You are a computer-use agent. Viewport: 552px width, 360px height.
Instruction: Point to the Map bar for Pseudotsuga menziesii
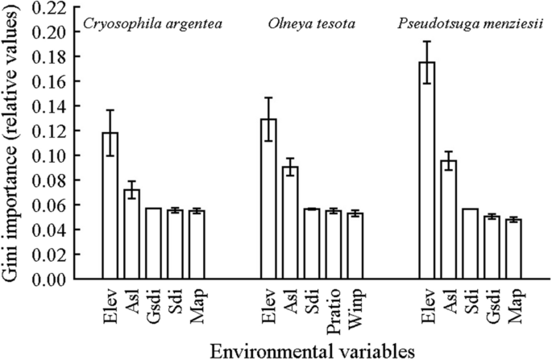tap(514, 249)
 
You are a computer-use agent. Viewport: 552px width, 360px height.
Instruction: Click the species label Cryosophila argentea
tap(153, 24)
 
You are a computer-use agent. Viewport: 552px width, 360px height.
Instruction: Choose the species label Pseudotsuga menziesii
tap(471, 24)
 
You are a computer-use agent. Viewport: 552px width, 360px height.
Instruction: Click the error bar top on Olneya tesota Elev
tap(268, 98)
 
